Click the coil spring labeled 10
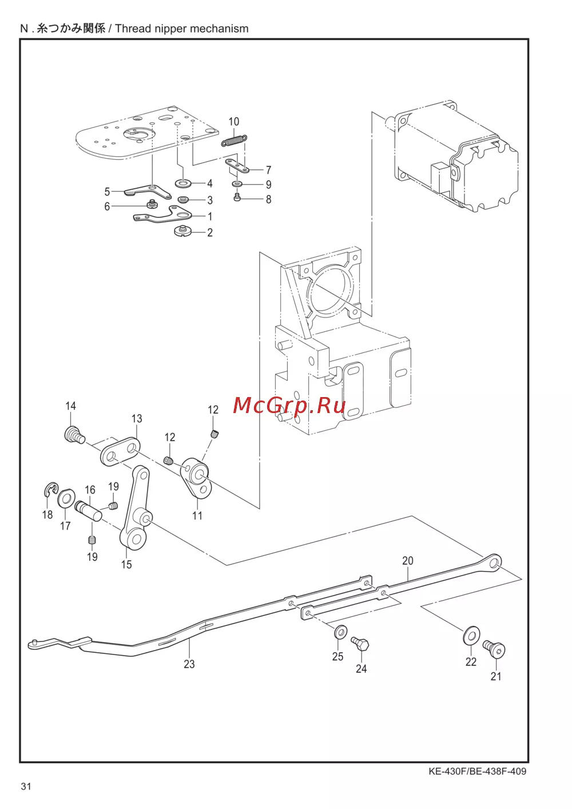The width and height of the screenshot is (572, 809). tap(234, 140)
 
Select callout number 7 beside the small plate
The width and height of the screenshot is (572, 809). tap(268, 170)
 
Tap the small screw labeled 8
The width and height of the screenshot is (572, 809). tap(237, 197)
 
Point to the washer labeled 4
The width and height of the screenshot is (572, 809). tap(182, 184)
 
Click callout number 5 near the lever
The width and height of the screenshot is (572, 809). tap(107, 191)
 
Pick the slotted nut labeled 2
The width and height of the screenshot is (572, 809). tap(184, 231)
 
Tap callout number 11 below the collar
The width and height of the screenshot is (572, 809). tap(197, 515)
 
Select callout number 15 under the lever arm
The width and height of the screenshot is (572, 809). tap(126, 564)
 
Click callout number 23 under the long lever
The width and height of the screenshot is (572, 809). tap(189, 664)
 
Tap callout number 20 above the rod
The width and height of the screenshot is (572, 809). tap(408, 561)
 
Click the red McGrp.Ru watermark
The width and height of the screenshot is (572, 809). tap(289, 406)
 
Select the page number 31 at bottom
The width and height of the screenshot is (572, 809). tap(26, 786)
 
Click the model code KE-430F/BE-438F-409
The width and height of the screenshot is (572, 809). tap(478, 771)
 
